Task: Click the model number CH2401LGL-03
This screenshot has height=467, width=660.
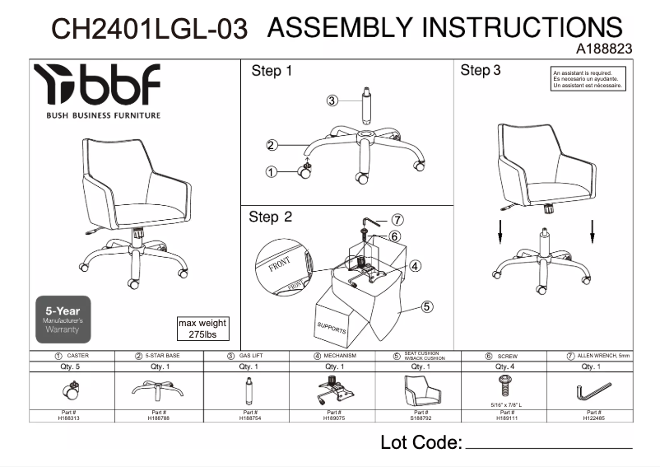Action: pos(149,29)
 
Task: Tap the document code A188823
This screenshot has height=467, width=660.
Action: pos(605,49)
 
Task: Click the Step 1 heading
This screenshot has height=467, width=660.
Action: pos(271,72)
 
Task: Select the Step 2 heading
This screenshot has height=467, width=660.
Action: pos(271,217)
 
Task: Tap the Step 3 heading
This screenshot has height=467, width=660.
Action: pos(481,71)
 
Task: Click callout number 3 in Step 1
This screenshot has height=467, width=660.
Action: pos(332,100)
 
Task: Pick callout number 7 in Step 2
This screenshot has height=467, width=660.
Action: pos(397,220)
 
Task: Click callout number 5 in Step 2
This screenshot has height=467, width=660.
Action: pos(427,306)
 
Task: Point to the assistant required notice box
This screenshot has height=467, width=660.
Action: pos(588,79)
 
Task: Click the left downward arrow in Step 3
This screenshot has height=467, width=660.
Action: pos(500,234)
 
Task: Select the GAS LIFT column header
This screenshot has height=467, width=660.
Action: pos(250,356)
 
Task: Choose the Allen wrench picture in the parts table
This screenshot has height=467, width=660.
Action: pos(593,390)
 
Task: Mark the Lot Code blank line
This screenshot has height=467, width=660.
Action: pos(549,447)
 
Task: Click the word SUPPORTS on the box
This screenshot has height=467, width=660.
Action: pos(332,326)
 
